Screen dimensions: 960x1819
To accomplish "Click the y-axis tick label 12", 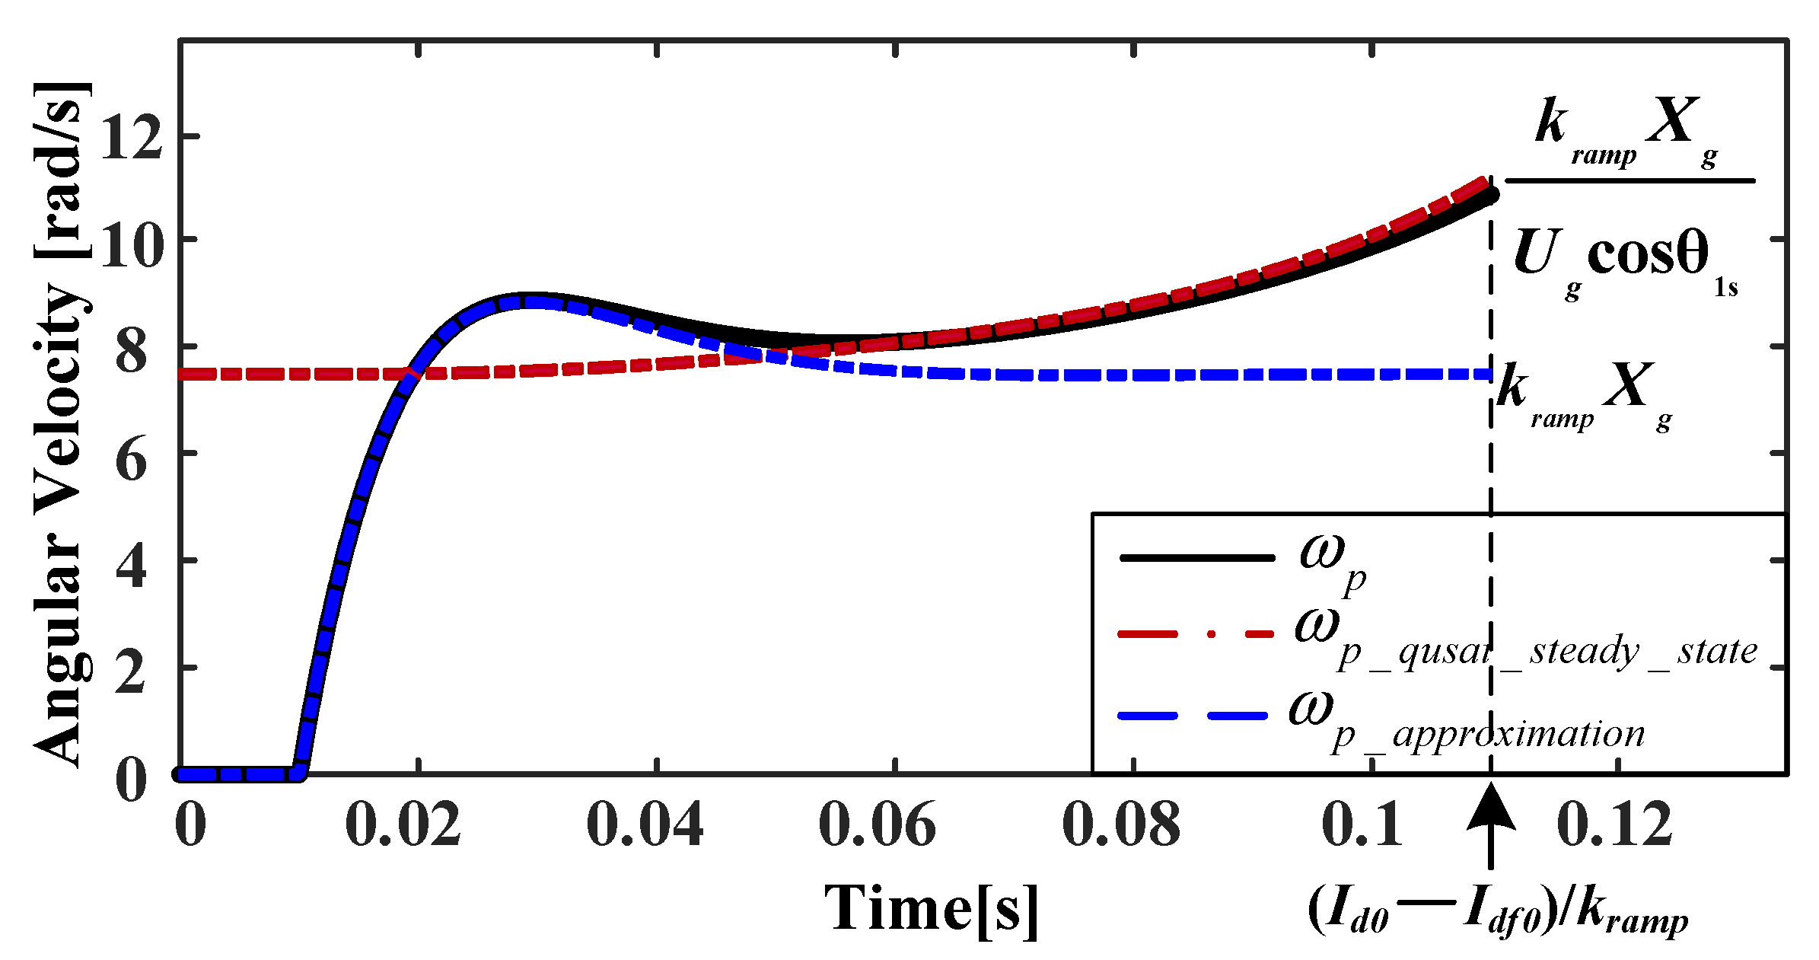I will point(131,138).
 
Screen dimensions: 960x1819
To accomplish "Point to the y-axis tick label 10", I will point(131,245).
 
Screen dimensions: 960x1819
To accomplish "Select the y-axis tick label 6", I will point(131,461).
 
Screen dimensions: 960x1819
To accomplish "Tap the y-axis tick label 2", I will point(131,674).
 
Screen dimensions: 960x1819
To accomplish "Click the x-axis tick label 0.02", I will point(403,825).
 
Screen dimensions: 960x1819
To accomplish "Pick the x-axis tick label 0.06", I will point(877,825).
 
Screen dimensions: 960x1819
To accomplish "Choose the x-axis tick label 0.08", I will point(1120,825).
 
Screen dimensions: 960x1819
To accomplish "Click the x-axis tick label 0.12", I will point(1615,825).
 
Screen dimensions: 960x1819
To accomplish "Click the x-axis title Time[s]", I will point(932,909).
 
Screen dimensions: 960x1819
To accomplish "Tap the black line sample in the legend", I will point(1196,558).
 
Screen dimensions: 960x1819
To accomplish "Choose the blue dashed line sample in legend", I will point(1193,716).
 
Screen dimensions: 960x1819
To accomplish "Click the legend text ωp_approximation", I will point(1465,723).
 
